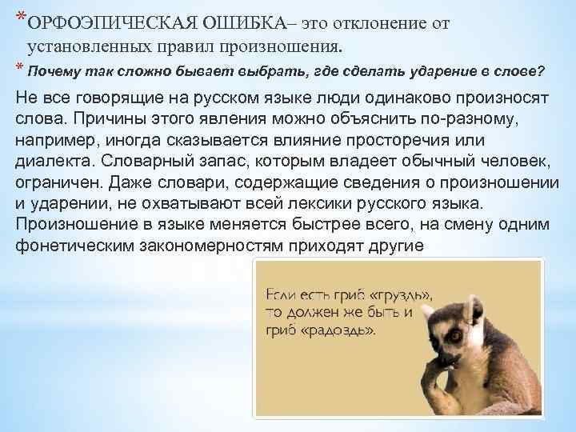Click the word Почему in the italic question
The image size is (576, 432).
pyautogui.click(x=50, y=70)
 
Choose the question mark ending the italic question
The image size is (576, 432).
pyautogui.click(x=542, y=70)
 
